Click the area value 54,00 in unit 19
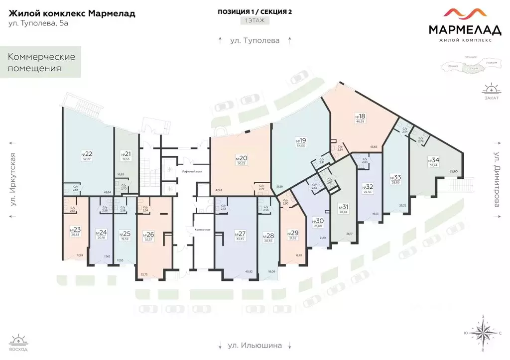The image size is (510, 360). pyautogui.click(x=301, y=145)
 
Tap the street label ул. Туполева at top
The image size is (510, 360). pyautogui.click(x=255, y=40)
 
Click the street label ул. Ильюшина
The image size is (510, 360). pyautogui.click(x=255, y=345)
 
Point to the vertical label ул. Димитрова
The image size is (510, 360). pyautogui.click(x=497, y=184)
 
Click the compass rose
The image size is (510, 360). pyautogui.click(x=483, y=333)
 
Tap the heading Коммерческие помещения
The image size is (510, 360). pyautogui.click(x=41, y=62)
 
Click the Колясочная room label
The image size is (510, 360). pyautogui.click(x=194, y=230)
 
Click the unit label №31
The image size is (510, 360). pyautogui.click(x=343, y=207)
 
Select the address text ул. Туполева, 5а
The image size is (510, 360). pyautogui.click(x=38, y=23)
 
